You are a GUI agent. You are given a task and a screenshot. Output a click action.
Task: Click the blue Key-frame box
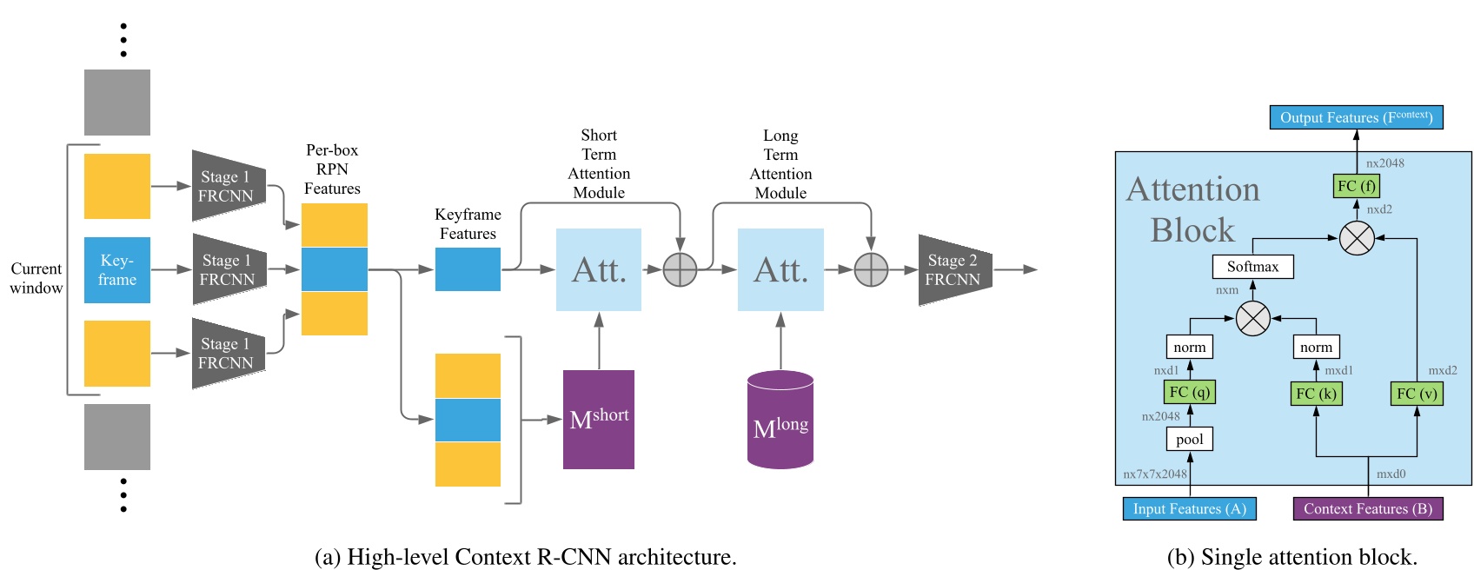click(117, 270)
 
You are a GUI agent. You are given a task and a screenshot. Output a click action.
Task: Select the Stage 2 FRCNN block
click(954, 270)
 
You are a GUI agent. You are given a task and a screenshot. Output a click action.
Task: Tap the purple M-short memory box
click(599, 420)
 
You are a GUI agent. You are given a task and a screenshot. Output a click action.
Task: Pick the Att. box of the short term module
click(599, 270)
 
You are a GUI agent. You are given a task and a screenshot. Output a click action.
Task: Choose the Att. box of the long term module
click(780, 270)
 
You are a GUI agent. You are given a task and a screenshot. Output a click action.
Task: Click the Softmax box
click(1252, 267)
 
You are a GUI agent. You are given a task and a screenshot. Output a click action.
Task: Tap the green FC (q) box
click(1189, 392)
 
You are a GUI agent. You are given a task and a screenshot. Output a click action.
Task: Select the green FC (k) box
click(1316, 394)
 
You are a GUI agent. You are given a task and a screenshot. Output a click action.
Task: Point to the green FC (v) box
click(1417, 394)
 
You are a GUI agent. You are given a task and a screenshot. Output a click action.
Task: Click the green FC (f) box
click(1356, 186)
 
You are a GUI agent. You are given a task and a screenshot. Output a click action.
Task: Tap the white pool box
click(1189, 440)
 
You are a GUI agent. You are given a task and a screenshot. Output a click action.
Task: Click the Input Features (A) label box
click(1189, 509)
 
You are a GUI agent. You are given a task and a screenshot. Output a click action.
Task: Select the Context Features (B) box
click(1367, 509)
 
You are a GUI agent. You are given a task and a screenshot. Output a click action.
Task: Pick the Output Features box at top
click(1356, 117)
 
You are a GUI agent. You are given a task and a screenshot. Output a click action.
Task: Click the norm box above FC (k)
click(1316, 348)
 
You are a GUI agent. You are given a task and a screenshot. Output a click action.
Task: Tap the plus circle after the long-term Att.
click(871, 270)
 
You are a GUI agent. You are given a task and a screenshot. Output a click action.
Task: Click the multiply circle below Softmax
click(1252, 319)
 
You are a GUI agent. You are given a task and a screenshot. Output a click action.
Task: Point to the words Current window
click(36, 278)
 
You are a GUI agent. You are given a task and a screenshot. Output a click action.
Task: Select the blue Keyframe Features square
click(468, 269)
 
